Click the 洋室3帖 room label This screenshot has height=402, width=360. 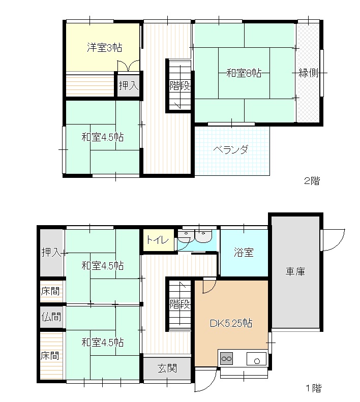104,48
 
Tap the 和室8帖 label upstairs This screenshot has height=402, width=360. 244,73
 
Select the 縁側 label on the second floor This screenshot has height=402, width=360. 308,73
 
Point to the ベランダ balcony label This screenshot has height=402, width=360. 231,150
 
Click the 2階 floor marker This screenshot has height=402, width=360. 312,180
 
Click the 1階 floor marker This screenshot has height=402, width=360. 313,389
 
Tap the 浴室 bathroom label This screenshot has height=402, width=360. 244,253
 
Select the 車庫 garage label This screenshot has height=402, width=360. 295,272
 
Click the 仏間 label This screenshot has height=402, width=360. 51,317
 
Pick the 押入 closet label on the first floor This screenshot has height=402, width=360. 51,252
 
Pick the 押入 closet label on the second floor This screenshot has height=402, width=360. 128,85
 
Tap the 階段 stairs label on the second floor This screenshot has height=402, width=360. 179,86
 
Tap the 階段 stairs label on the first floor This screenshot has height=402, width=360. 179,304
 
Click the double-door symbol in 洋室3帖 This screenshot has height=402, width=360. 128,67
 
